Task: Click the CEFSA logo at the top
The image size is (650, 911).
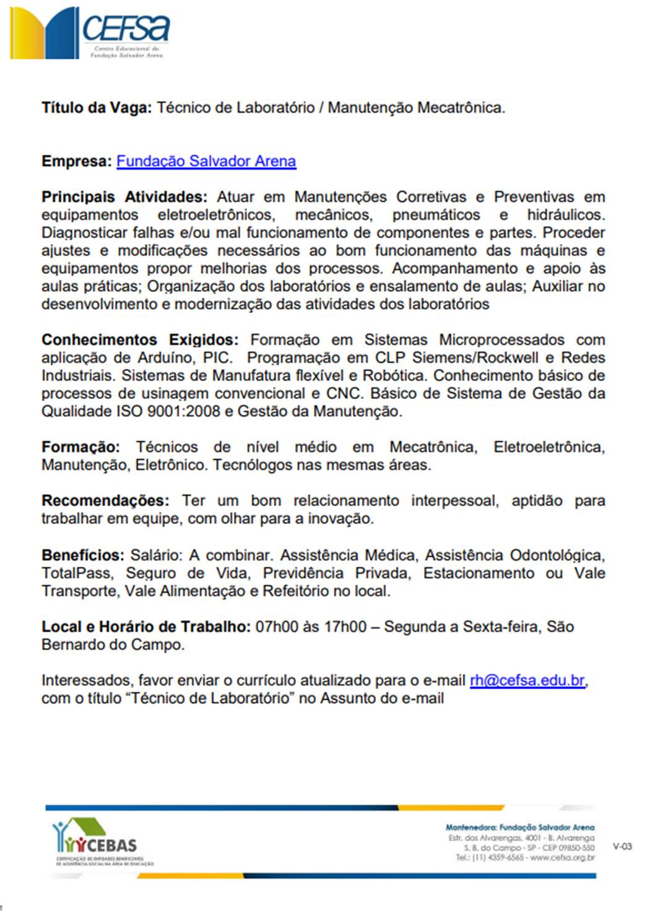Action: tap(90, 33)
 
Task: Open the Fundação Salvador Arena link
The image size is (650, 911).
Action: tap(206, 161)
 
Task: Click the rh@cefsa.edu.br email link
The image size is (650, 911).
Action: tap(527, 681)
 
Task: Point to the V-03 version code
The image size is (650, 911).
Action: tap(622, 846)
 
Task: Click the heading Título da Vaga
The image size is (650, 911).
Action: tap(96, 108)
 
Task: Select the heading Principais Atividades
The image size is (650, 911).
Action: tap(124, 197)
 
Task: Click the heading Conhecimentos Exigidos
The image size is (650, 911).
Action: tap(139, 340)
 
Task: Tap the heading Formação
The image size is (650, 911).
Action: tap(80, 447)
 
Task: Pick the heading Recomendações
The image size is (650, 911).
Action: tap(105, 500)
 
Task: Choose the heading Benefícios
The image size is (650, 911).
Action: tap(83, 555)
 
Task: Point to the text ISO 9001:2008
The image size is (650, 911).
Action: tap(168, 411)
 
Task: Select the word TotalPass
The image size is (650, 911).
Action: tap(77, 573)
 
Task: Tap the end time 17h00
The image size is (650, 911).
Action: tap(345, 627)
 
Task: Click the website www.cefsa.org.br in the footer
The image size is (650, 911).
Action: tap(562, 858)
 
